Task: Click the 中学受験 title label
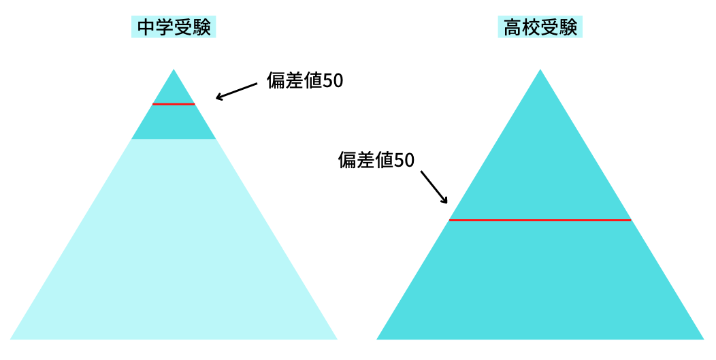174,27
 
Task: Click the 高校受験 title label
540,27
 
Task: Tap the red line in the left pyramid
174,104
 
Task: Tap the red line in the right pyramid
540,220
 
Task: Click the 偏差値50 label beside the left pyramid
305,81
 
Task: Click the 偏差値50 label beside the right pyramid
376,160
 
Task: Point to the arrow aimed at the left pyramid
237,91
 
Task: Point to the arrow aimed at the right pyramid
434,187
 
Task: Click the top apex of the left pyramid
174,69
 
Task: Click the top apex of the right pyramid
540,69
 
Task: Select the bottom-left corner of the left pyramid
10,339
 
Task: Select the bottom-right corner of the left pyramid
337,339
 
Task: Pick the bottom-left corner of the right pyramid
377,339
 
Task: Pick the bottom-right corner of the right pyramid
704,339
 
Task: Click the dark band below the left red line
174,122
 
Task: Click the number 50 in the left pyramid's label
333,81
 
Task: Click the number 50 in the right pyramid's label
404,160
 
